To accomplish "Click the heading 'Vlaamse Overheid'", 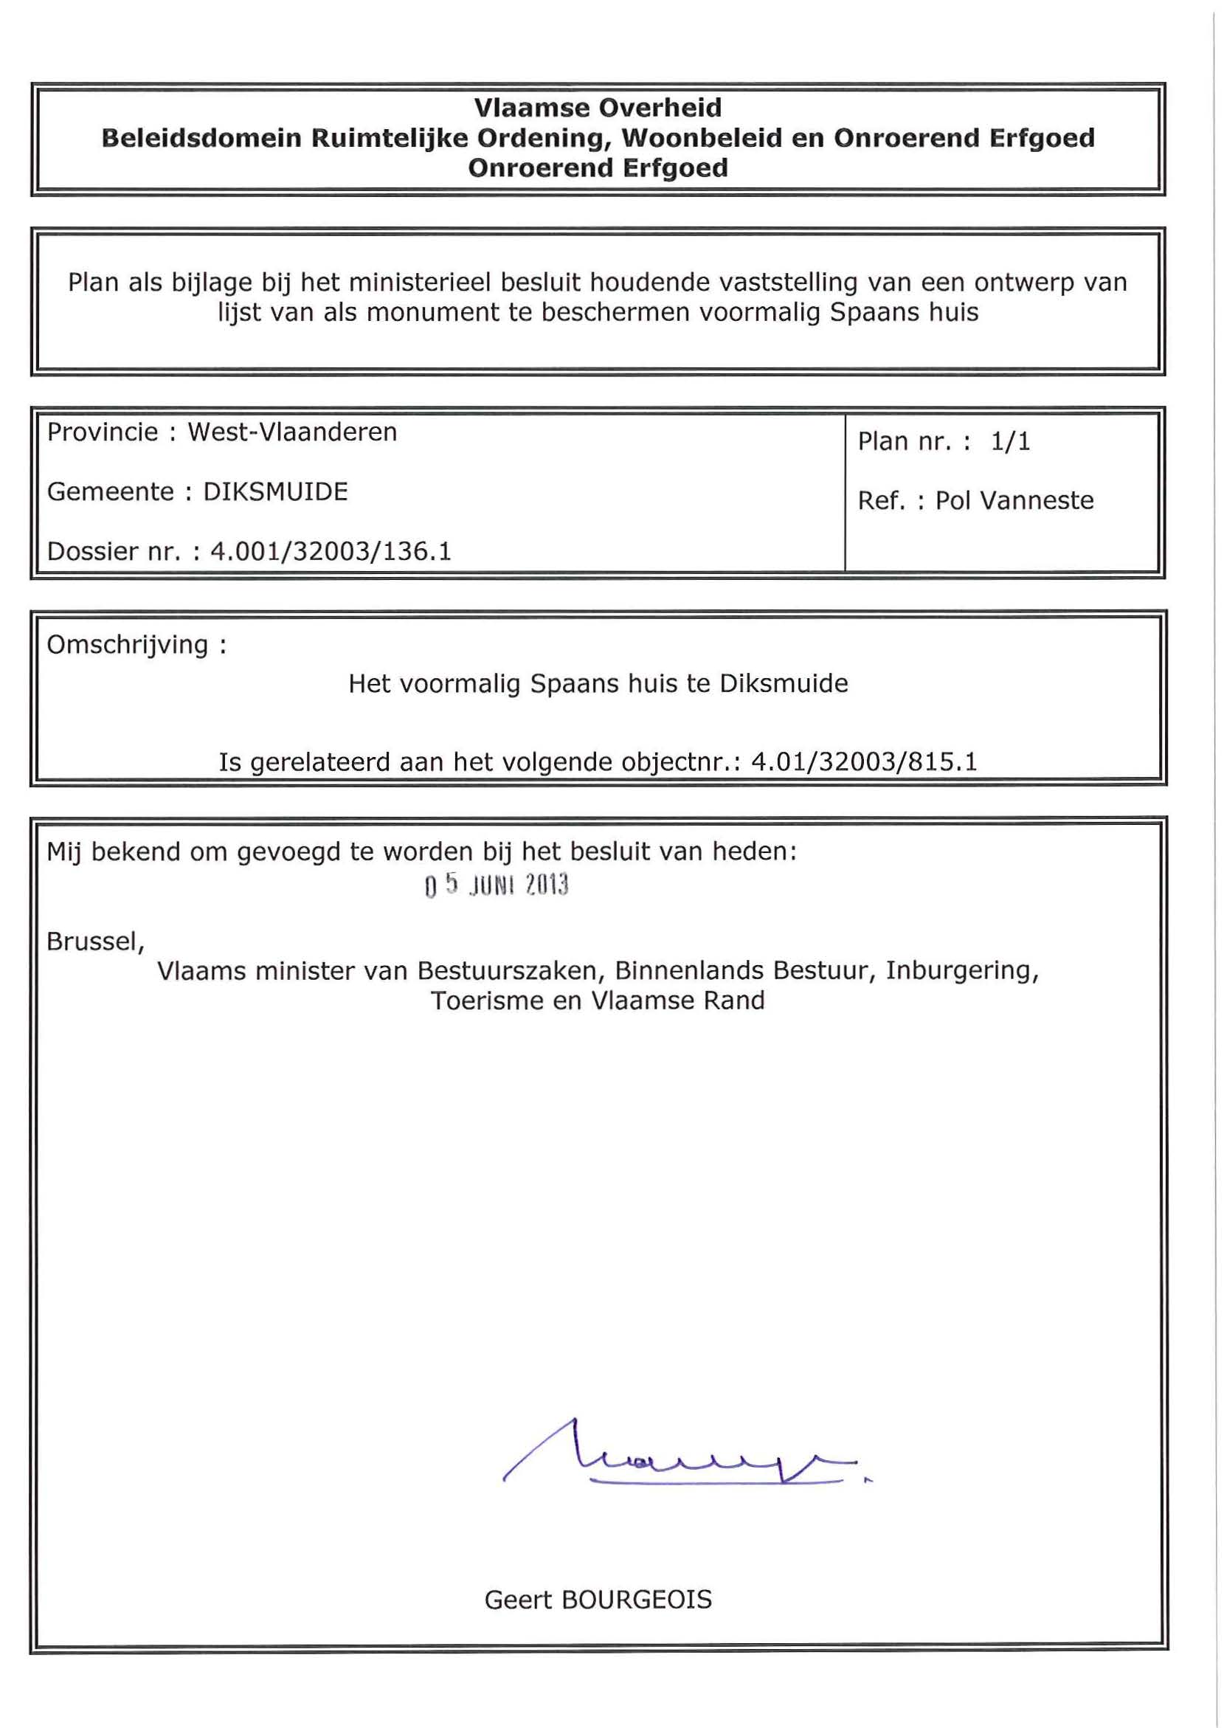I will point(598,108).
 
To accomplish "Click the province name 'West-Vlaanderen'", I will point(291,432).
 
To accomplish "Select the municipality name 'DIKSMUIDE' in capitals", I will point(275,492).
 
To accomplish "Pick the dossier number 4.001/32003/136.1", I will point(330,552).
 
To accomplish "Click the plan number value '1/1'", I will point(1010,442).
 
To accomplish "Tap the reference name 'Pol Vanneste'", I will point(1014,501).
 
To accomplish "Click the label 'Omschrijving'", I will point(128,645).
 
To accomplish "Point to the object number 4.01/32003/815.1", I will point(864,762).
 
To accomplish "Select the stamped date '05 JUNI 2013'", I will point(496,885).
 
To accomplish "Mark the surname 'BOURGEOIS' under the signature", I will point(636,1599).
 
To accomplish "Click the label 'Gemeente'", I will point(110,492).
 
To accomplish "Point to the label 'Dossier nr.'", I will point(114,552).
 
